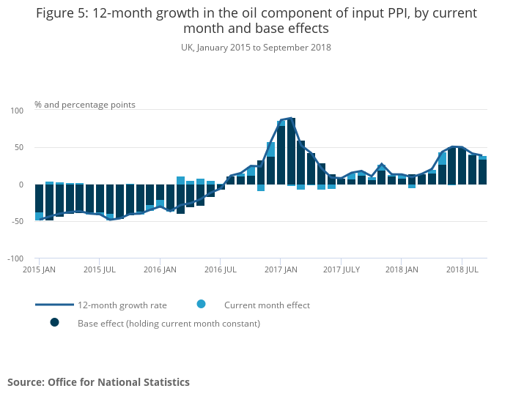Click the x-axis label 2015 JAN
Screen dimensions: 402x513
pyautogui.click(x=40, y=270)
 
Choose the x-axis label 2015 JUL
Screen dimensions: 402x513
pyautogui.click(x=101, y=270)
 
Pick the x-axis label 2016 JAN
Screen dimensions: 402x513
pyautogui.click(x=160, y=270)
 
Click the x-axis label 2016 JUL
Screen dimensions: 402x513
pyautogui.click(x=221, y=270)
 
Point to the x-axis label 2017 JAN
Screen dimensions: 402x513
pyautogui.click(x=281, y=270)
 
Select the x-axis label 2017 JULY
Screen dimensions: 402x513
pyautogui.click(x=342, y=270)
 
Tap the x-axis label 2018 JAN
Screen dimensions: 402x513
pyautogui.click(x=401, y=270)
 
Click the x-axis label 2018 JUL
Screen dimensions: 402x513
pyautogui.click(x=462, y=270)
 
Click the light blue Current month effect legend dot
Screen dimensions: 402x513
pyautogui.click(x=201, y=305)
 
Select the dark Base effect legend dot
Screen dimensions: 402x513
pyautogui.click(x=54, y=322)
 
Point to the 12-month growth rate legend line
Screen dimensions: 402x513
pyautogui.click(x=54, y=305)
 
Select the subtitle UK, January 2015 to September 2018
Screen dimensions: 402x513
pyautogui.click(x=256, y=48)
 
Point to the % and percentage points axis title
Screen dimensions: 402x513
pyautogui.click(x=84, y=105)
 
